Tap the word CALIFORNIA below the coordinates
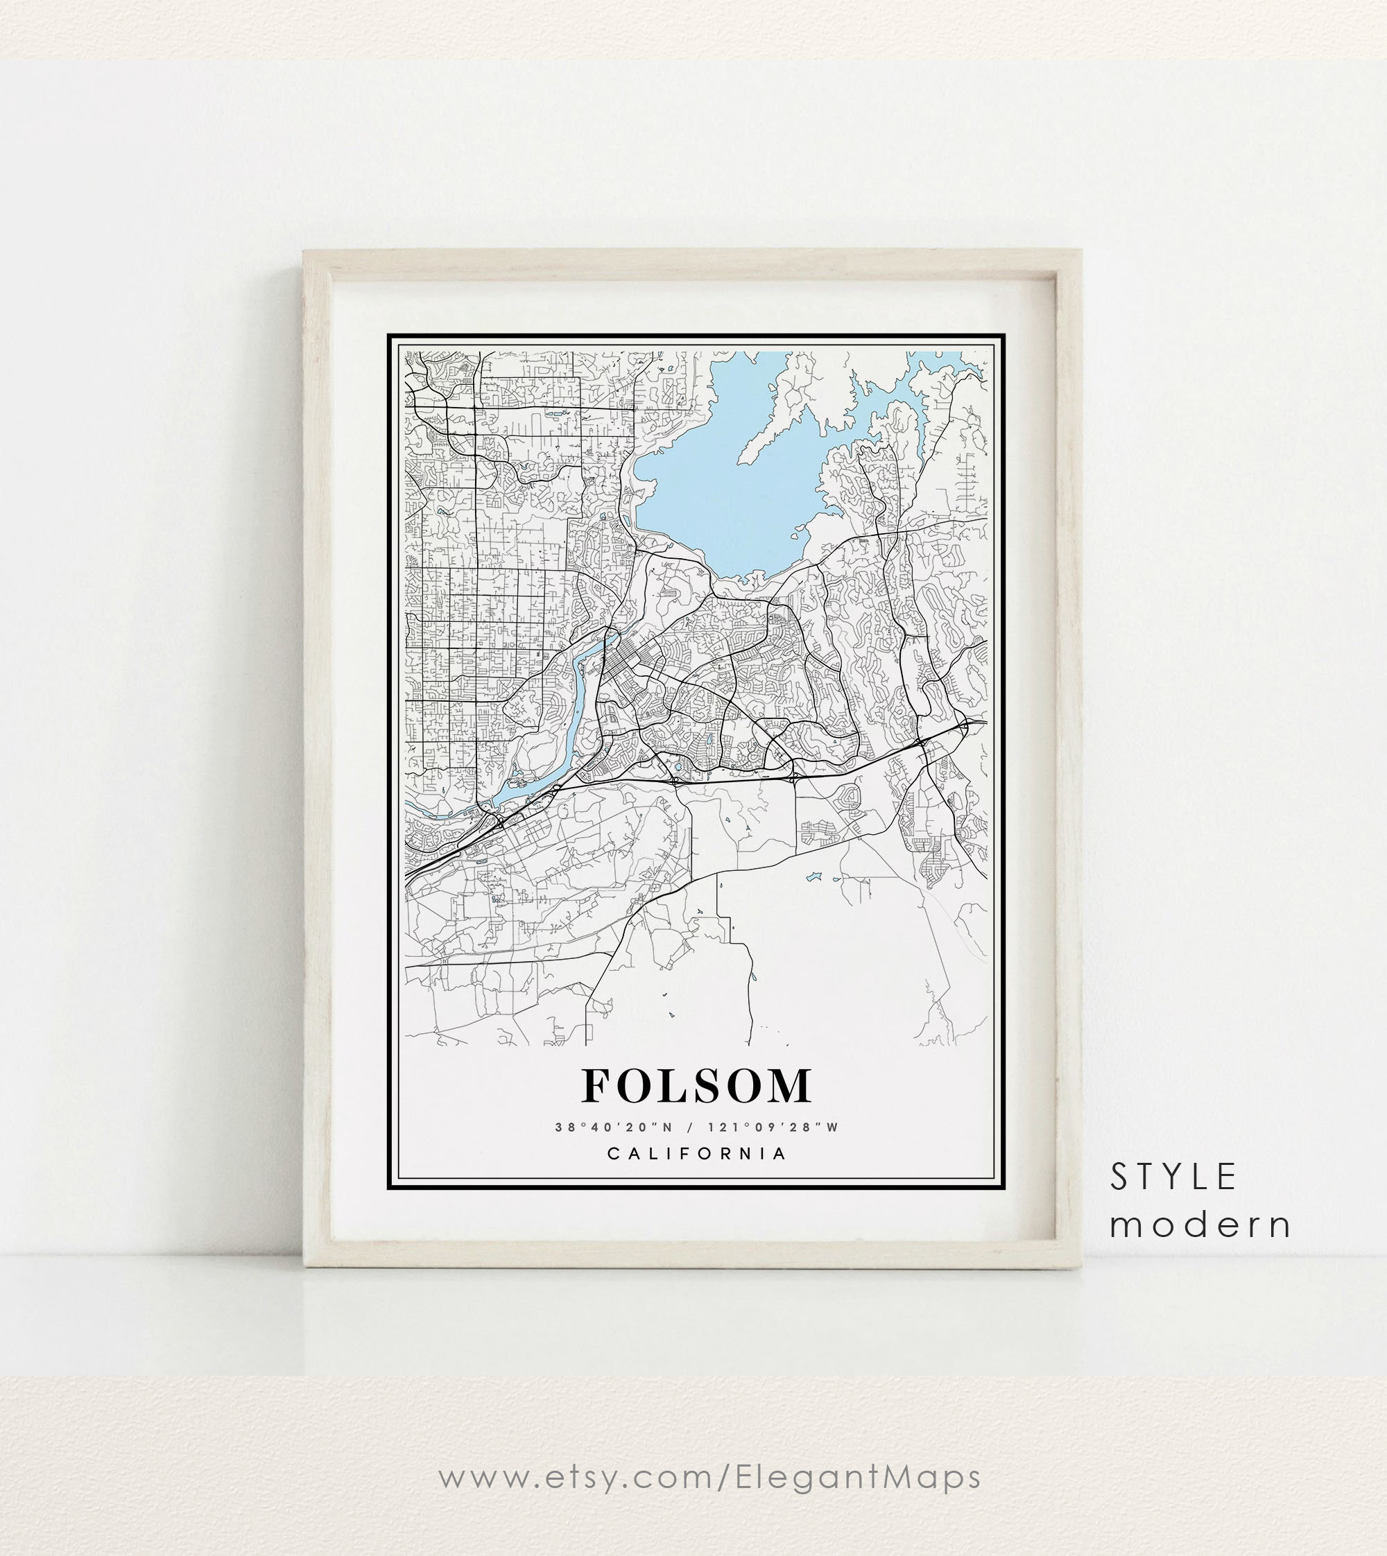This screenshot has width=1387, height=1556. tap(696, 1153)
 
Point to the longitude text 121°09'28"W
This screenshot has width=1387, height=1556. tap(773, 1127)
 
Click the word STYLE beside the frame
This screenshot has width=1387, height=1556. tap(1173, 1177)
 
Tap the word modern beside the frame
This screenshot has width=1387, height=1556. tap(1200, 1225)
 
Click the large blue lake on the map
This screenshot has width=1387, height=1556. tap(724, 487)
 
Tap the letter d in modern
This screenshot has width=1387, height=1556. tap(1195, 1225)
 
